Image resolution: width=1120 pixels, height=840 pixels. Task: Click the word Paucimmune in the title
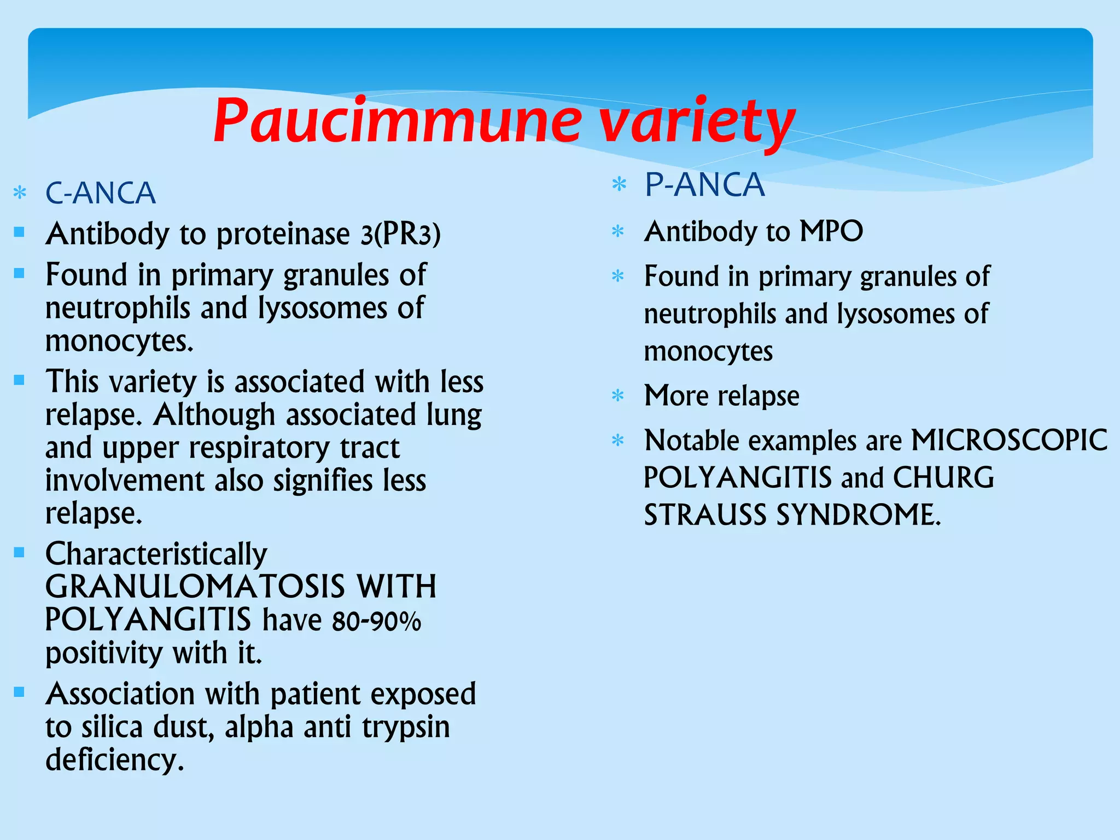click(x=396, y=120)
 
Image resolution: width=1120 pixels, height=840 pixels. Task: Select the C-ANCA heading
click(x=101, y=193)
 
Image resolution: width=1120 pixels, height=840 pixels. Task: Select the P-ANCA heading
click(x=704, y=185)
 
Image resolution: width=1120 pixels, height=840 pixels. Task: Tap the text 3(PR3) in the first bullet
click(x=400, y=234)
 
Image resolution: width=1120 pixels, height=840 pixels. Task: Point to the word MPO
click(x=831, y=231)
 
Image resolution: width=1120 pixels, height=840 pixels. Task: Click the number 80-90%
click(x=376, y=621)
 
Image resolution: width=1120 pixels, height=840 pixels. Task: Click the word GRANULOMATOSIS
click(x=195, y=587)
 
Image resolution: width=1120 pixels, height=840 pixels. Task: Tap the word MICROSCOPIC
click(x=1009, y=440)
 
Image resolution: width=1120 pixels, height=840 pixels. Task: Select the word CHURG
click(x=943, y=477)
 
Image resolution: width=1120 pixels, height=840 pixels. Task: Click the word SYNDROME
click(x=859, y=515)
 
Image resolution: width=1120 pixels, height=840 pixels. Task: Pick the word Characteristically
click(x=156, y=554)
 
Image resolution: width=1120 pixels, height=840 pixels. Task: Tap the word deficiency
click(x=115, y=760)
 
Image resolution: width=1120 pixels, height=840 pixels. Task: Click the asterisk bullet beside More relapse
click(x=618, y=395)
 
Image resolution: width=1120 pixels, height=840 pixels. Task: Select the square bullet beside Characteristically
click(x=20, y=552)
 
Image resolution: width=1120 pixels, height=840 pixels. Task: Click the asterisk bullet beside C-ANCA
click(x=20, y=193)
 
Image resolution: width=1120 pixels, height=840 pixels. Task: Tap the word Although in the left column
click(x=214, y=415)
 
